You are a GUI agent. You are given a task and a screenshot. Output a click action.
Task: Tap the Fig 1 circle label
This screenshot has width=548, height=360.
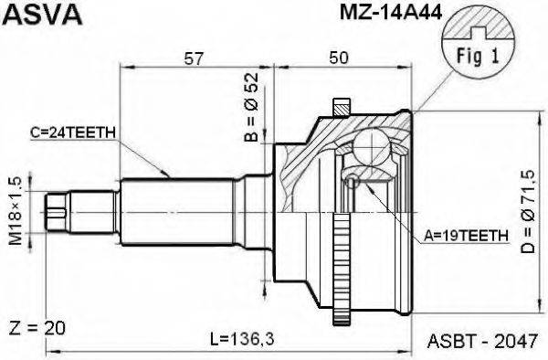(x=475, y=56)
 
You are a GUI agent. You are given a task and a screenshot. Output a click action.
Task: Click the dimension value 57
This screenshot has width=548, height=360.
(x=194, y=58)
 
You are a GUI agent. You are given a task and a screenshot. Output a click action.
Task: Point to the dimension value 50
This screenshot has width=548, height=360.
(x=341, y=58)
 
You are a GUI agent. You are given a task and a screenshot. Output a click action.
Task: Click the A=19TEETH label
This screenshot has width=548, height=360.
(x=467, y=235)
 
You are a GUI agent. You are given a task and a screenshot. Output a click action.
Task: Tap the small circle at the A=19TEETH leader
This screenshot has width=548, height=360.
(x=352, y=182)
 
